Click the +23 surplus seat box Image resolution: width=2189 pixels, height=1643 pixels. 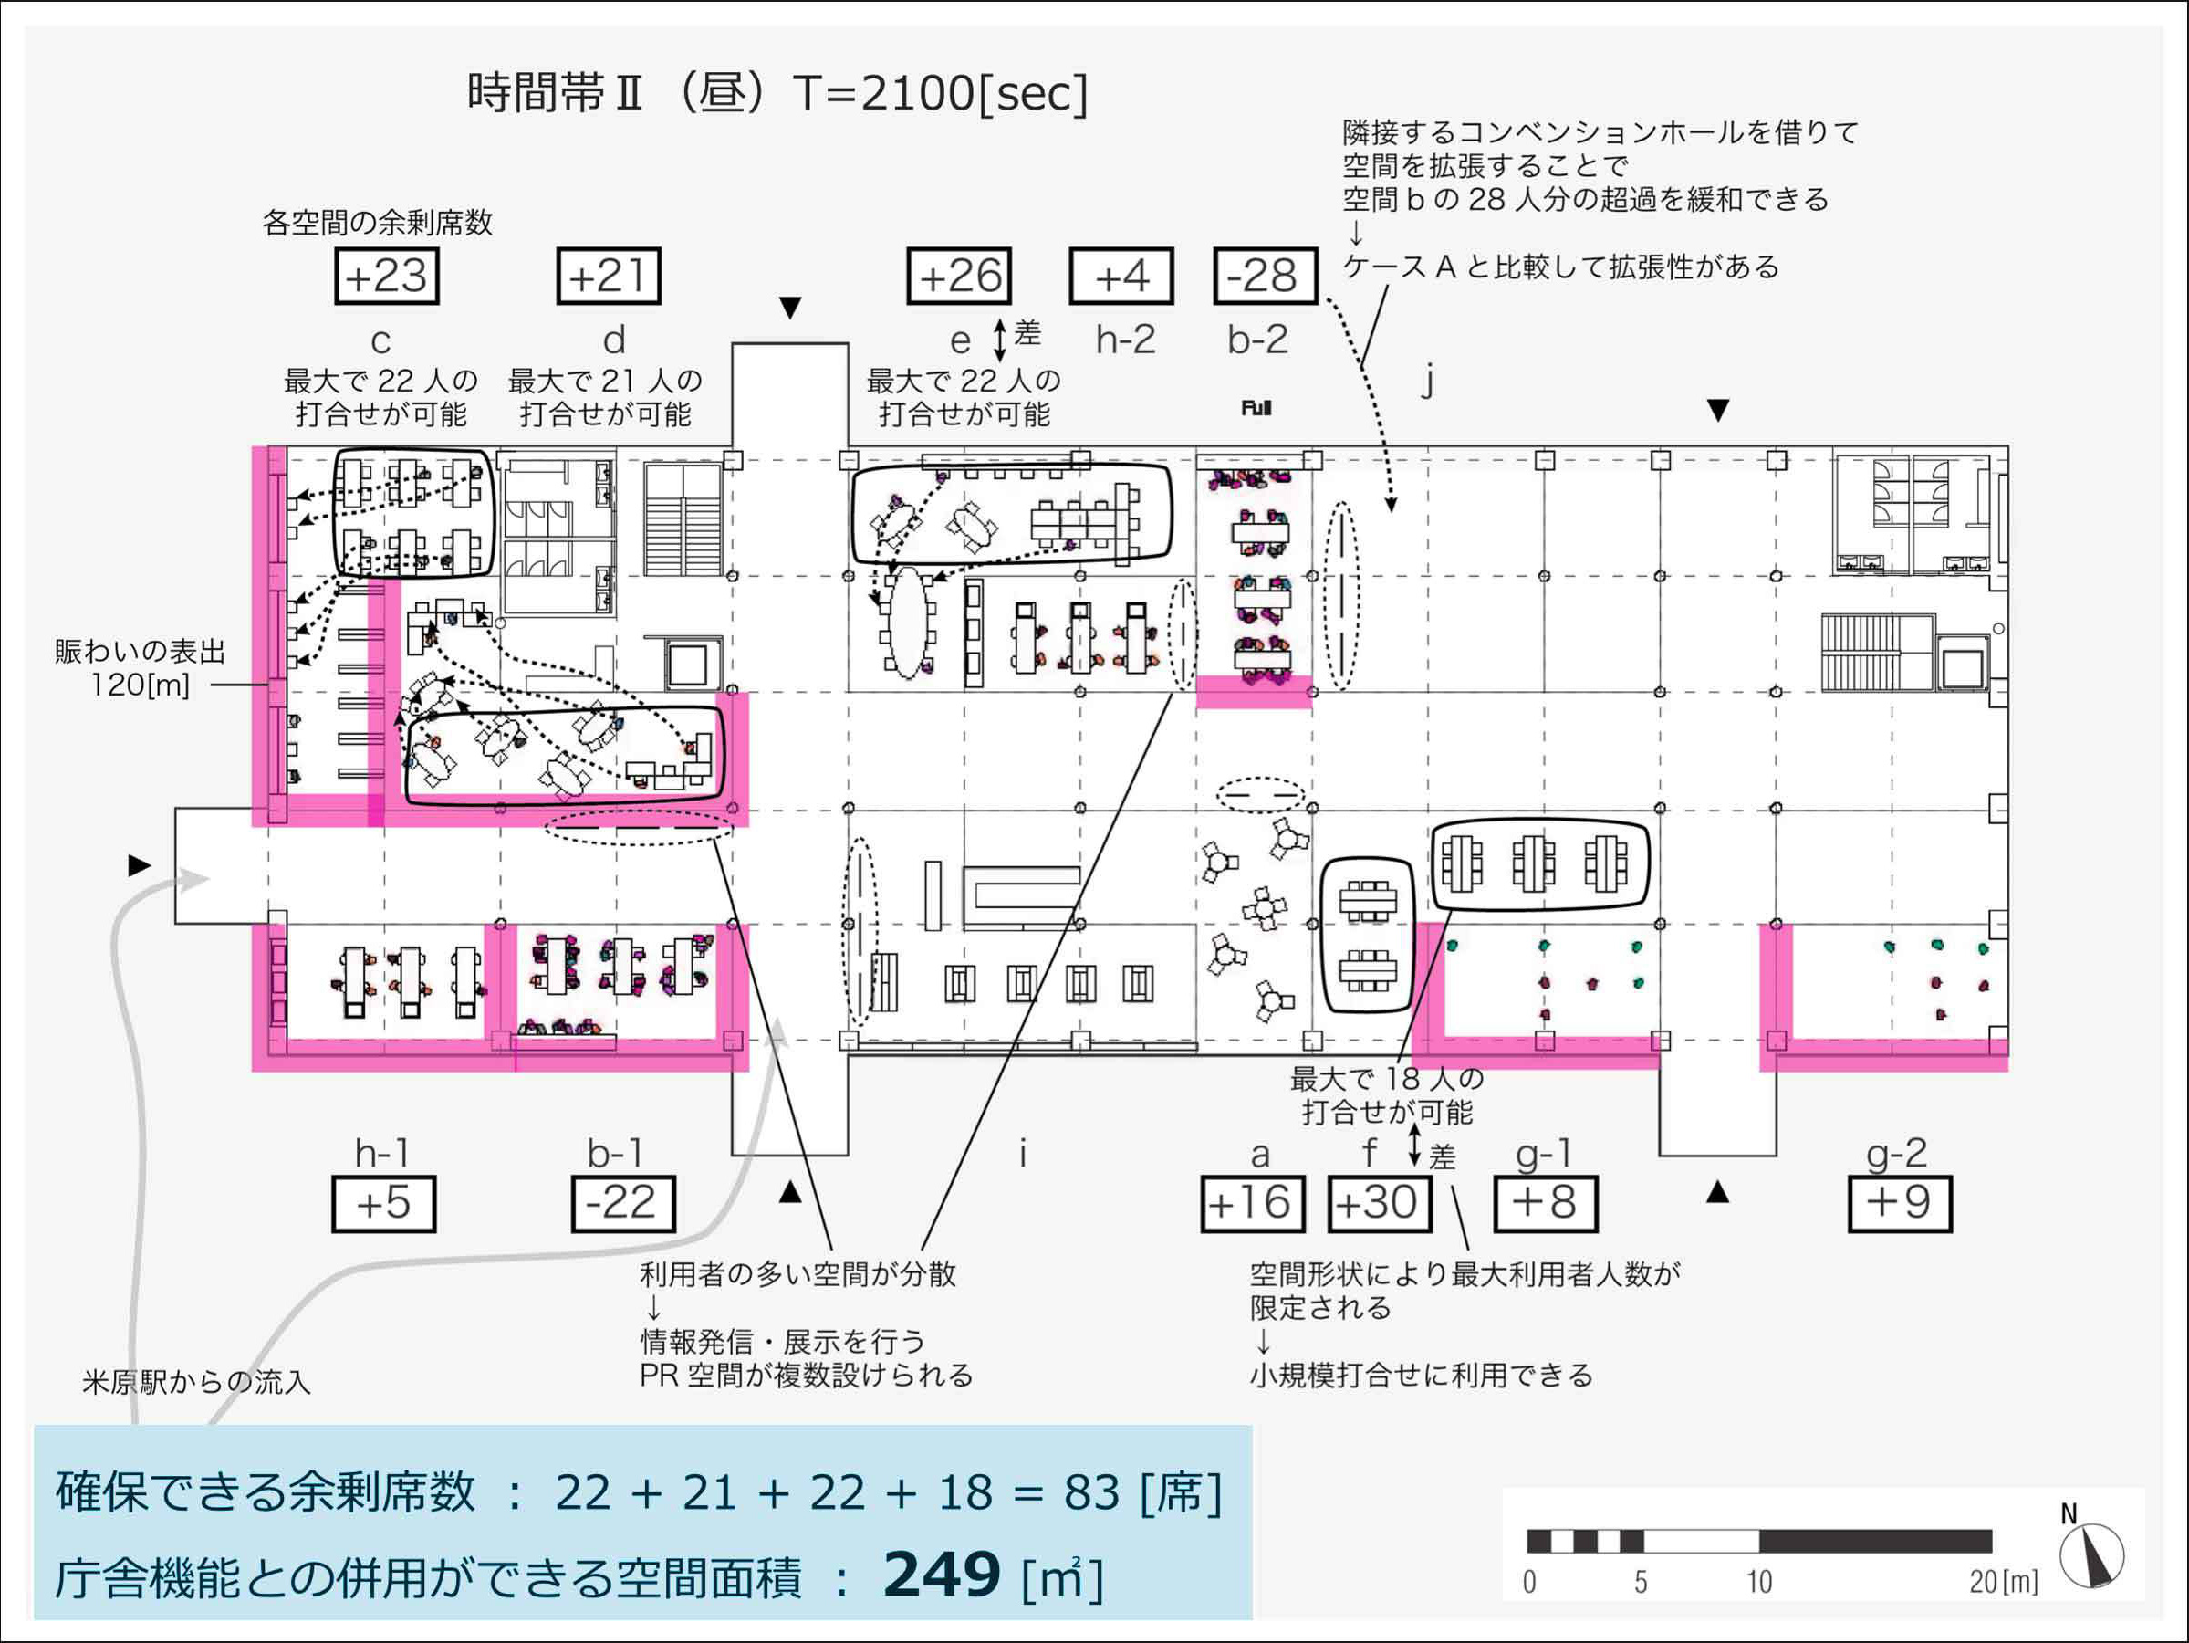pos(387,277)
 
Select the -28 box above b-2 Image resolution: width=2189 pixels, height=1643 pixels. pos(1265,277)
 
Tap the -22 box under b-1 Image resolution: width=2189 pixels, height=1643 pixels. pos(622,1204)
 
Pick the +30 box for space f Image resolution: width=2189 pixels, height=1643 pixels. pos(1379,1204)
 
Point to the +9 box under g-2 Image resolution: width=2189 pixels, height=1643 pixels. pos(1899,1204)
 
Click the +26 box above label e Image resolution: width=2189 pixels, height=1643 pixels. pos(959,277)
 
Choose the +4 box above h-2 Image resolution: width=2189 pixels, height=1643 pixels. pos(1121,277)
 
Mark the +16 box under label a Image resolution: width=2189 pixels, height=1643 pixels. pos(1252,1204)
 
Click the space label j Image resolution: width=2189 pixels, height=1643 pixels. pos(1427,379)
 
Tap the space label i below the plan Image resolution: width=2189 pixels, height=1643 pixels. pos(1022,1153)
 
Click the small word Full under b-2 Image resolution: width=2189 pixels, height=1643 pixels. pos(1256,408)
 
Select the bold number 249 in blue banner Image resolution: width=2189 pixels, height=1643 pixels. pos(941,1575)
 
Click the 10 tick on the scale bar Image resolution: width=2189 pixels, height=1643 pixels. pos(1758,1582)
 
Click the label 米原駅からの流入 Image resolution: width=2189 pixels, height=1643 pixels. pos(196,1382)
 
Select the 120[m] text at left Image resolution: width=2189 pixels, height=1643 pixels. pos(140,685)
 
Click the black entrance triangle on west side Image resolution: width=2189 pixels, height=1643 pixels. pos(140,866)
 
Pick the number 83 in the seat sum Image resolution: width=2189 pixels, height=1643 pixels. pos(1091,1492)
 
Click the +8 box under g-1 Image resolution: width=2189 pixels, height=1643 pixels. pos(1544,1204)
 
